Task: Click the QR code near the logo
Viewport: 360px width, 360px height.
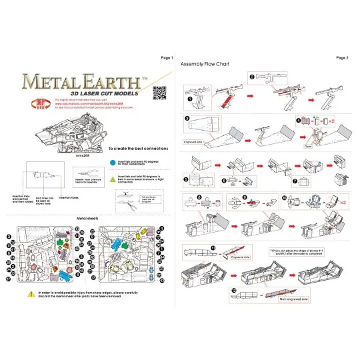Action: (x=159, y=93)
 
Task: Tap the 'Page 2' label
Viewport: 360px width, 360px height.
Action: (x=343, y=58)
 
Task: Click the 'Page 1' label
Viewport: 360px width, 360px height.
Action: (x=167, y=58)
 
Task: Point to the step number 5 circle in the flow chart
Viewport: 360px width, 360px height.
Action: (x=186, y=179)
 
